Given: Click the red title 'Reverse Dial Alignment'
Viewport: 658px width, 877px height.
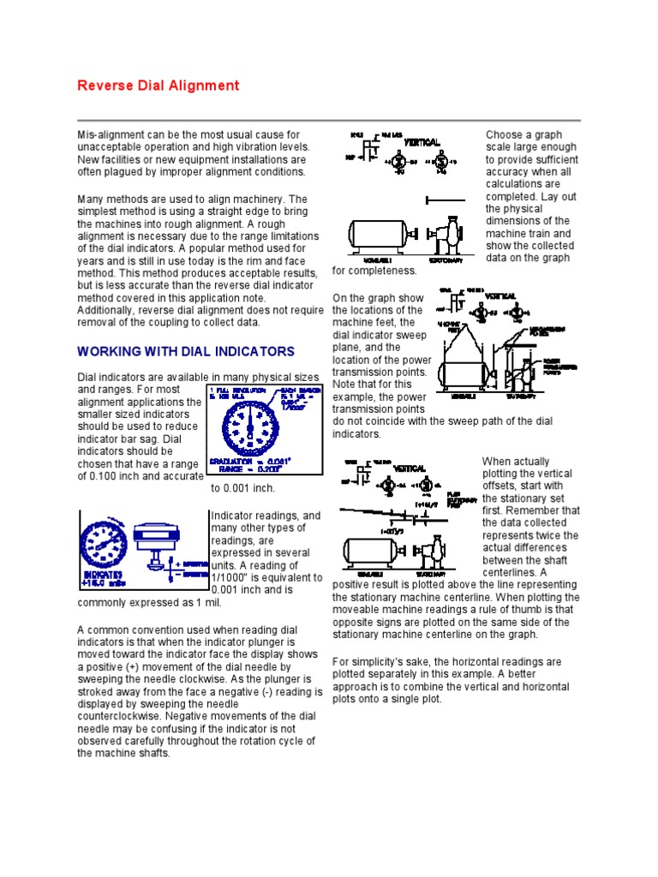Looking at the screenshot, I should coord(159,86).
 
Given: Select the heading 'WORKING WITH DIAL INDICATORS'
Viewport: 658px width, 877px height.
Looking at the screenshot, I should coord(186,352).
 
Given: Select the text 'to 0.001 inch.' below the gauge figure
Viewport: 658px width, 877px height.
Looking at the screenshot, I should coord(243,488).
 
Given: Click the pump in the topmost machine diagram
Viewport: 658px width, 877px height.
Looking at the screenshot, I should coord(443,233).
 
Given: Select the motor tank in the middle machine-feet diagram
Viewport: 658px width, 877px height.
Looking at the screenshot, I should coord(464,374).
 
